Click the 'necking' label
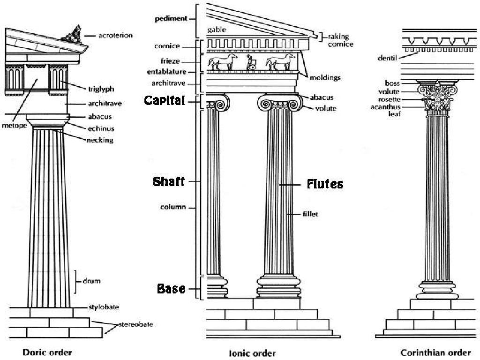100,140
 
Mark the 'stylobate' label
104,307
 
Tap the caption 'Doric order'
47,352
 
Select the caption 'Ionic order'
252,353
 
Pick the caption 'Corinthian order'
436,352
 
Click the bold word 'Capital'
164,100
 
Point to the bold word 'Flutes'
325,184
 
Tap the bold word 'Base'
171,289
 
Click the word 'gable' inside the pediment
217,30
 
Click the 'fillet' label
310,214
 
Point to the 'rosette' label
390,100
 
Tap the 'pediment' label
171,19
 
